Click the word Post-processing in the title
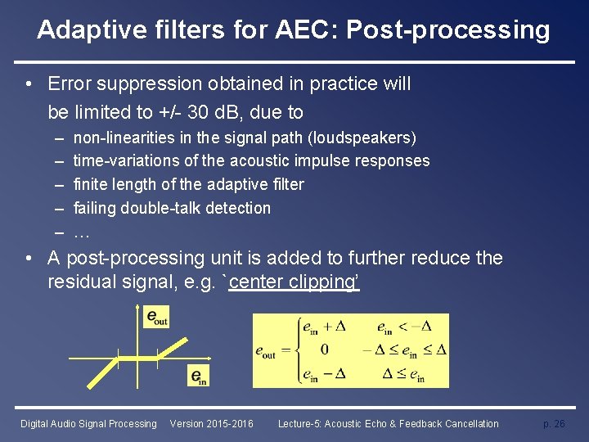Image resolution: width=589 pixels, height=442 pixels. coord(448,30)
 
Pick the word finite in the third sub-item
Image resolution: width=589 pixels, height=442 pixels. coord(90,185)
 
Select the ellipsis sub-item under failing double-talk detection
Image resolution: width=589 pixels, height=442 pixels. coord(81,232)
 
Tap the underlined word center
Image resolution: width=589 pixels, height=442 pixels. coord(259,283)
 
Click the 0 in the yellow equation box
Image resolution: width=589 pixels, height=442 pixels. coord(324,350)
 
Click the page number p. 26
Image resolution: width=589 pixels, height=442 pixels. coord(554,423)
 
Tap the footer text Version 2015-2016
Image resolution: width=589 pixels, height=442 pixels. coord(211,423)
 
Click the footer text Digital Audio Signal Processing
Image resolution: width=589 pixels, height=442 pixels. coord(88,423)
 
